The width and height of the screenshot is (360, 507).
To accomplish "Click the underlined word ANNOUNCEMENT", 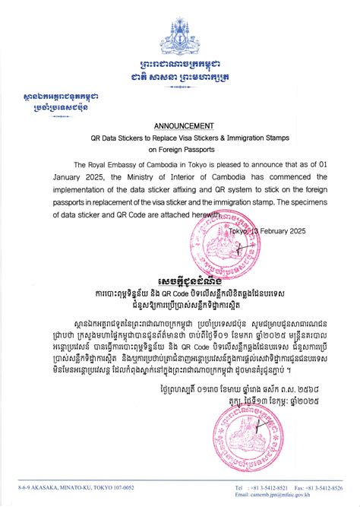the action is coord(185,125).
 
